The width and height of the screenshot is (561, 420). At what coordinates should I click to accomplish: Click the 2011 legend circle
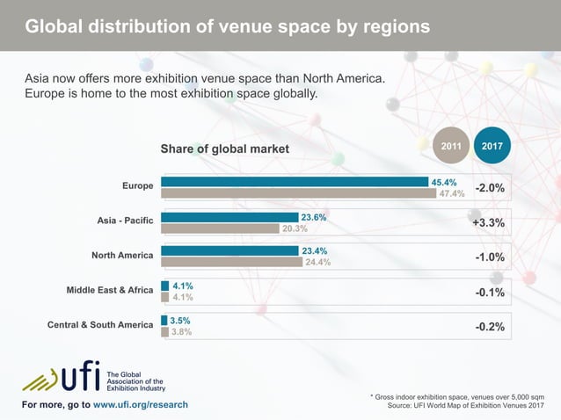point(451,145)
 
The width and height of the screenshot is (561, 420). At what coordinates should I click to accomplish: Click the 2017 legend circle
point(492,145)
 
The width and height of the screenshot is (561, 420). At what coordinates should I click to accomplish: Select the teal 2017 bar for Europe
point(295,182)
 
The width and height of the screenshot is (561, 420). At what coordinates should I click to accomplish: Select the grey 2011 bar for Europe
point(299,193)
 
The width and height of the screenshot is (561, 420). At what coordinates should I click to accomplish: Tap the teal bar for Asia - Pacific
point(229,216)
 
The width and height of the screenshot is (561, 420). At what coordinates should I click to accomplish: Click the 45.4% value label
point(443,182)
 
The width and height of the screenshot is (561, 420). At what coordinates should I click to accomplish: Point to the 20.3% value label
point(295,228)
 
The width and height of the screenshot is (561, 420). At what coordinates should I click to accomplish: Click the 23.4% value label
point(314,250)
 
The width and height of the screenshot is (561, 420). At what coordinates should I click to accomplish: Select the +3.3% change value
point(488,222)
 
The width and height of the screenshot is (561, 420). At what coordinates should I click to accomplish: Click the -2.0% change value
point(489,188)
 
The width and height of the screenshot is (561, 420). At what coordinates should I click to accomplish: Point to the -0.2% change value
point(490,326)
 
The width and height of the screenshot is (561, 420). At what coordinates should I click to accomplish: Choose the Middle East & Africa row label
point(110,290)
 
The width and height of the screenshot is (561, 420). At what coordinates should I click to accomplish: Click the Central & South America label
point(100,325)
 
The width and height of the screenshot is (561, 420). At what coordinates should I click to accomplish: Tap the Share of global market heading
point(224,149)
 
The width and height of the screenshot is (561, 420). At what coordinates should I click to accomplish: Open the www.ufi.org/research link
point(140,404)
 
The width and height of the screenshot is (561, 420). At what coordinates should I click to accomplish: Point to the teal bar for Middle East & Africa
point(165,286)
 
